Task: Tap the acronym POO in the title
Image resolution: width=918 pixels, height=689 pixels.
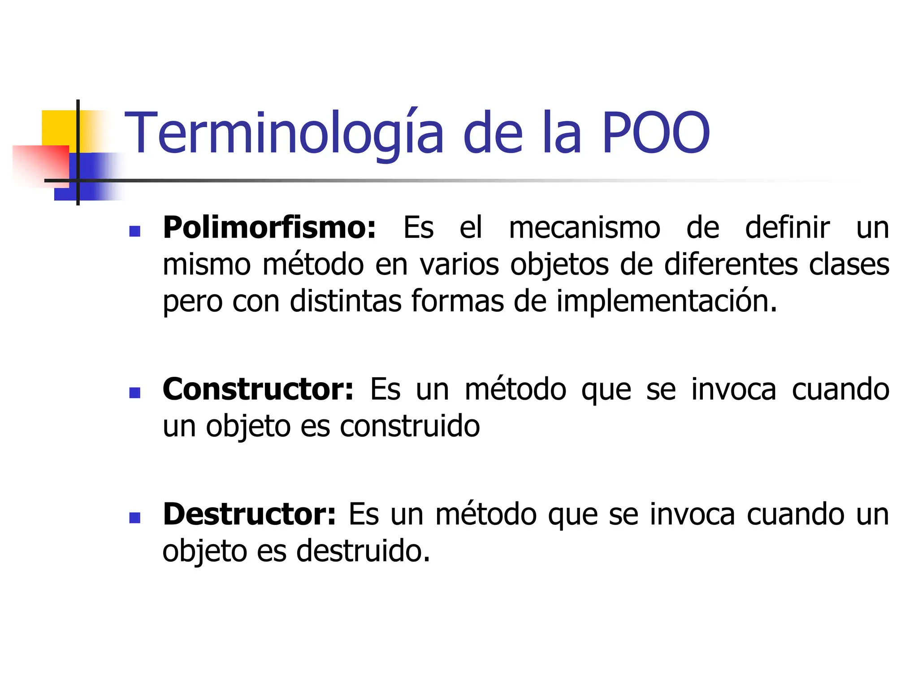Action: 655,134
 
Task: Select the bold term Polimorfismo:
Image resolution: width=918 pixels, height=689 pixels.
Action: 269,228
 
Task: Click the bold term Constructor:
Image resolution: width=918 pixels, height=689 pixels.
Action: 258,389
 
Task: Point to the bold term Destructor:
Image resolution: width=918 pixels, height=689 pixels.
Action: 249,514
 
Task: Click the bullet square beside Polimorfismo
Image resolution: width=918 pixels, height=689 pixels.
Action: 134,231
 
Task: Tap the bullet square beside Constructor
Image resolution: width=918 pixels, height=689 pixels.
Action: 134,392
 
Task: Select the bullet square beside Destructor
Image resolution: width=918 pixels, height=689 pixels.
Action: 134,518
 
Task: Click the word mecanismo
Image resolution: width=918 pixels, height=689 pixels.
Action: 584,228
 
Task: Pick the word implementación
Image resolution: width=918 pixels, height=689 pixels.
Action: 667,301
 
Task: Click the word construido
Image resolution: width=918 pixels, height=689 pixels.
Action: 410,426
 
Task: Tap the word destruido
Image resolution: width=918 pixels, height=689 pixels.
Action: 363,551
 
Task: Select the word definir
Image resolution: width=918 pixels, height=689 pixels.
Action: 787,228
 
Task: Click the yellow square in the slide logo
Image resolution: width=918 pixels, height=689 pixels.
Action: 58,128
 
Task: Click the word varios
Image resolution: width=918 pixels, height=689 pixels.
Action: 459,264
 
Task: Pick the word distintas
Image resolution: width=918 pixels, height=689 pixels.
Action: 345,301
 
